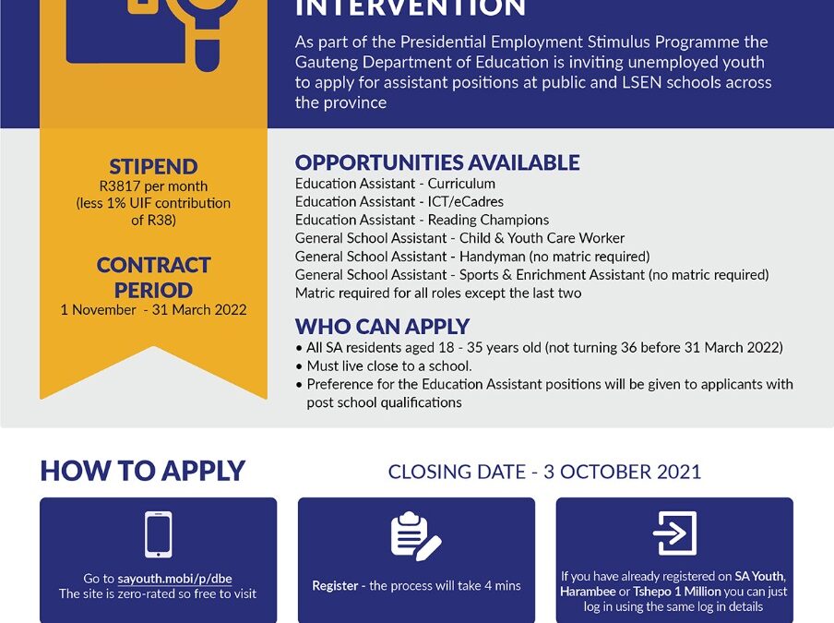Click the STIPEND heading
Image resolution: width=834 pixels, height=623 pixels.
(153, 167)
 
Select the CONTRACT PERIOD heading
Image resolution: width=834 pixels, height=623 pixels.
(153, 277)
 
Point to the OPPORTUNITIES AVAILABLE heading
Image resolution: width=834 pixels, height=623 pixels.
(437, 162)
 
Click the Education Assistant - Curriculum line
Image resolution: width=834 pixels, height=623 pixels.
(395, 184)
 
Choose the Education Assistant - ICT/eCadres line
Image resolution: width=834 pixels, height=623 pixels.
(399, 201)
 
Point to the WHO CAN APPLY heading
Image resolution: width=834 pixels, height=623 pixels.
(382, 327)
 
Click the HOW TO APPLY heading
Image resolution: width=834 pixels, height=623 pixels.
(142, 471)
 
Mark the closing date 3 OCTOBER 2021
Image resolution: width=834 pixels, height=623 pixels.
(622, 472)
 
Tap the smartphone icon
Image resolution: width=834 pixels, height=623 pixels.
(158, 534)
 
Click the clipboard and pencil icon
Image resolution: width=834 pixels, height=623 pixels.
(415, 535)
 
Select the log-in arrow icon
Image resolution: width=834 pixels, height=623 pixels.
(674, 533)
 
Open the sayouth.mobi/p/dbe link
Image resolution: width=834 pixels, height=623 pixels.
(174, 579)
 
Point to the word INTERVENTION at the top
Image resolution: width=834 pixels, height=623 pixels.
(410, 9)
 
